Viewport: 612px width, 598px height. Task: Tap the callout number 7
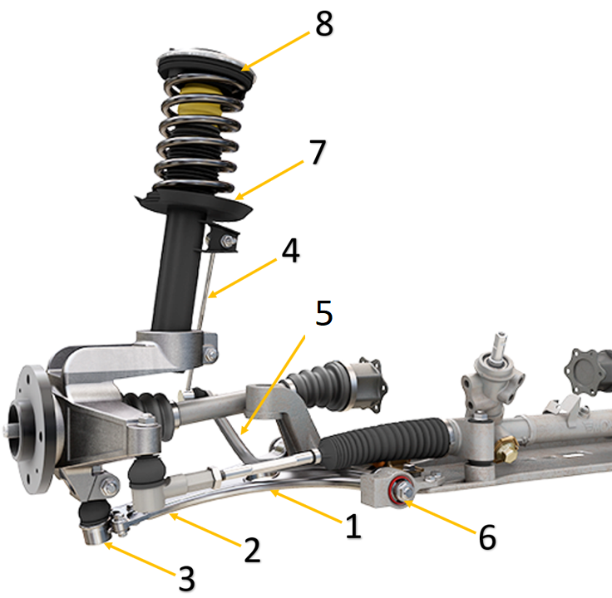pyautogui.click(x=318, y=154)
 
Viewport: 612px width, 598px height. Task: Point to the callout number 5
pyautogui.click(x=323, y=314)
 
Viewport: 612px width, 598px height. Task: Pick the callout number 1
pyautogui.click(x=354, y=527)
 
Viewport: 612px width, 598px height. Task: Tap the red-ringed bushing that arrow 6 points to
pyautogui.click(x=399, y=488)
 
